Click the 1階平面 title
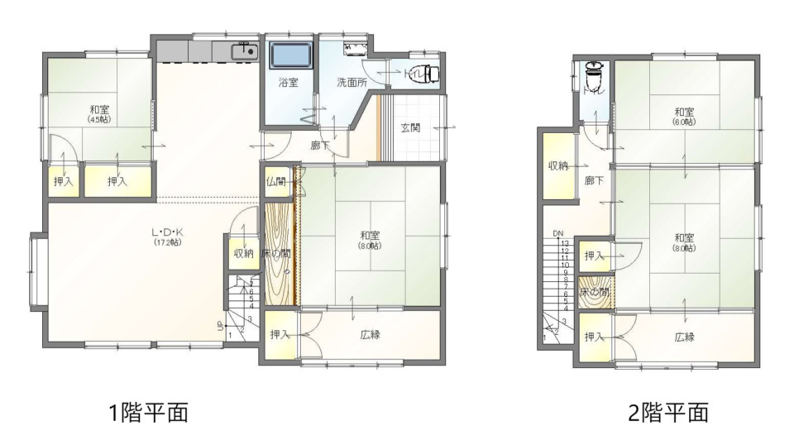tap(150, 412)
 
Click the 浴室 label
tap(288, 83)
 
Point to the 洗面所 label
tap(347, 83)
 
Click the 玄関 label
tap(410, 127)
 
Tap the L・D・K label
tap(167, 232)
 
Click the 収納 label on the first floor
tap(242, 253)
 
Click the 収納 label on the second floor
tap(558, 166)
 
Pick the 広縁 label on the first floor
tap(371, 335)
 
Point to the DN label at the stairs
tap(558, 234)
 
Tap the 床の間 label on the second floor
tap(595, 292)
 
